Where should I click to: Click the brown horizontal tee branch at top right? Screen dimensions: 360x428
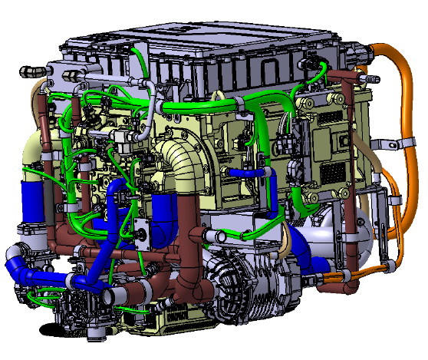click(x=341, y=76)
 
